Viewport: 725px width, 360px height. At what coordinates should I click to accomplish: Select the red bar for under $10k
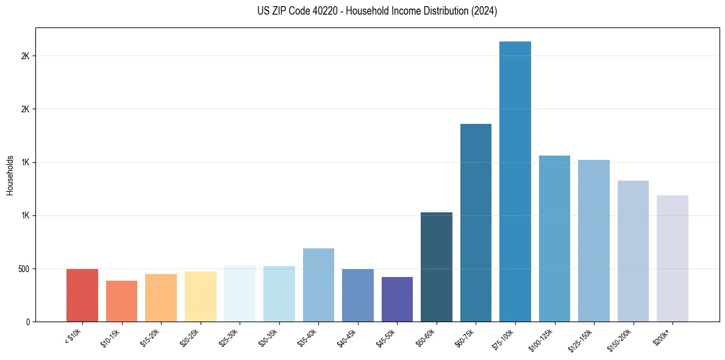[x=82, y=295]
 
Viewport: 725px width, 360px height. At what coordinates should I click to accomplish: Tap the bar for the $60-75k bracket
[x=476, y=223]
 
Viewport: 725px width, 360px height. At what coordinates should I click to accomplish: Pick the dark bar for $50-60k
[x=437, y=267]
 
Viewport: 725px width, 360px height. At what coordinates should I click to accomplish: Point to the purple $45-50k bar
[x=397, y=299]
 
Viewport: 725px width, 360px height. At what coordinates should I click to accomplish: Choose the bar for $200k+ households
[x=673, y=259]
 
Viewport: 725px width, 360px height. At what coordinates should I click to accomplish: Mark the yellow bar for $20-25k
[x=201, y=297]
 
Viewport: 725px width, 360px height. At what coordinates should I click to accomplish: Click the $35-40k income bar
[x=318, y=285]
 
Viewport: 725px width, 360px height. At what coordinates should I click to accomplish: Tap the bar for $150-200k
[x=633, y=251]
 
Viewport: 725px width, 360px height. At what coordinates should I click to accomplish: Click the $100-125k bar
[x=554, y=239]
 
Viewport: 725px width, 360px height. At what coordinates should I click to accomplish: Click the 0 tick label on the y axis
[x=27, y=322]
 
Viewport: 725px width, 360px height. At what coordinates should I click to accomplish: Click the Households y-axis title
[x=10, y=175]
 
